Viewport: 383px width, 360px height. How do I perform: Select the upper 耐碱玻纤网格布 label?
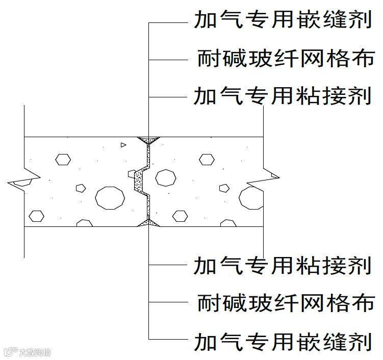(x=286, y=59)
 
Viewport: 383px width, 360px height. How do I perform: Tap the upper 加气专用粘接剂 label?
(x=282, y=96)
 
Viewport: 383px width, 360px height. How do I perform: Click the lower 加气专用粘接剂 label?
(x=282, y=266)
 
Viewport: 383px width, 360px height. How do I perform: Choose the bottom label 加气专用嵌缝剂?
(x=282, y=340)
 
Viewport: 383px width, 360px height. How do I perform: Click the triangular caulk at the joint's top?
(x=148, y=139)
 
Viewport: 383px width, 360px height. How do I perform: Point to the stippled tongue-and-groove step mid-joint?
(x=139, y=182)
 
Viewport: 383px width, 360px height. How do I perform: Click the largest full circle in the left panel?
(x=110, y=197)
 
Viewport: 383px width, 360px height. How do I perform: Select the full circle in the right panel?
(x=165, y=177)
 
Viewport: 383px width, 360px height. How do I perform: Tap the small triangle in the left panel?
(x=123, y=145)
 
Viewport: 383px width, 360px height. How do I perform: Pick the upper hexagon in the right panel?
(x=206, y=159)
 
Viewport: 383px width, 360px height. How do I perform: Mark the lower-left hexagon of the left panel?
(x=36, y=216)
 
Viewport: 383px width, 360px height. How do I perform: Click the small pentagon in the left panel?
(x=80, y=188)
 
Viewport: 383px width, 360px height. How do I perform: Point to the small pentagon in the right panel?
(x=223, y=188)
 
